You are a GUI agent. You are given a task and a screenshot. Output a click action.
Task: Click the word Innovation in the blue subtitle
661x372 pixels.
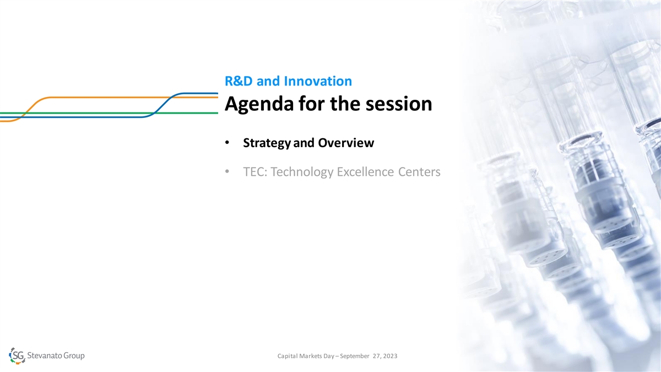[318, 81]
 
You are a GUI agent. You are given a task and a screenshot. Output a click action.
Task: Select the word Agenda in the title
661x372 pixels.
[259, 104]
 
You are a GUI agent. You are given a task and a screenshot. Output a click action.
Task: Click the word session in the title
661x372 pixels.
[399, 104]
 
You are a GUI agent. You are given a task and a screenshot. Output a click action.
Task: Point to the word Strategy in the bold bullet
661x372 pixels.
[267, 143]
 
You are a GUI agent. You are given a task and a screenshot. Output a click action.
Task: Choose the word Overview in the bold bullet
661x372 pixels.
[346, 143]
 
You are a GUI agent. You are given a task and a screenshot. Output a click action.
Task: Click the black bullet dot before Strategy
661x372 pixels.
[227, 143]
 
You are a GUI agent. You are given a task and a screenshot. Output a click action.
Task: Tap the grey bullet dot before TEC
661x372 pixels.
[227, 171]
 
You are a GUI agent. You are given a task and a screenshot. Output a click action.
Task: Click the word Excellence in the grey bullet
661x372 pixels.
[365, 171]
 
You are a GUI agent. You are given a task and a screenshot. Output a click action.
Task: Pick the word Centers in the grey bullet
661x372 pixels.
[419, 171]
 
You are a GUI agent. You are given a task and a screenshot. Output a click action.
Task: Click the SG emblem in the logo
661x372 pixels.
[17, 356]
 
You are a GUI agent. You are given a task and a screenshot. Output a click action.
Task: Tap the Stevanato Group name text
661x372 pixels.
[56, 355]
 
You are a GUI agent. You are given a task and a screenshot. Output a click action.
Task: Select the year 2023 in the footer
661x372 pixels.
[390, 356]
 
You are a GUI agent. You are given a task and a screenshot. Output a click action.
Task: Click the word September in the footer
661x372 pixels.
[354, 357]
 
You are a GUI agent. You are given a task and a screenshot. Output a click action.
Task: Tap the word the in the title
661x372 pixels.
[345, 104]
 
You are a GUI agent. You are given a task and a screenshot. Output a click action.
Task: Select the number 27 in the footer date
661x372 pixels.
[377, 356]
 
